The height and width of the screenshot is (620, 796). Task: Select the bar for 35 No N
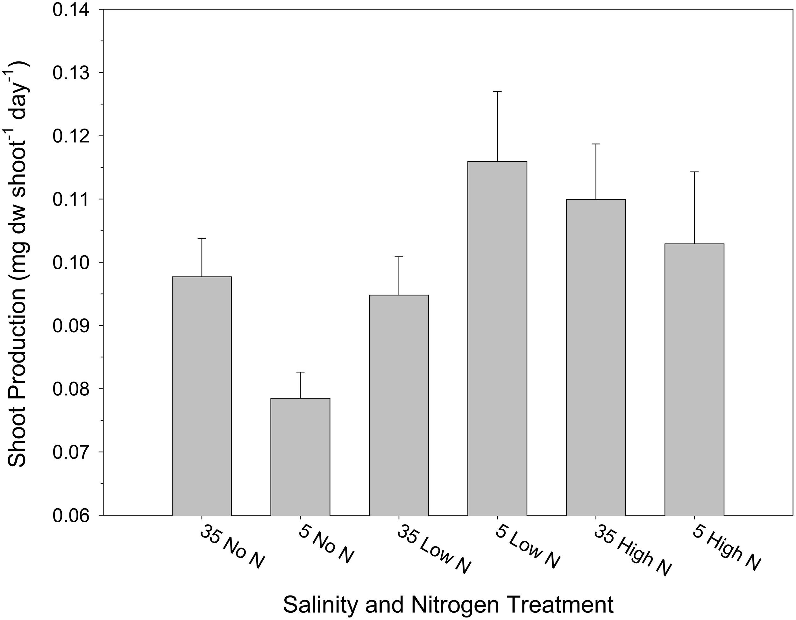click(202, 396)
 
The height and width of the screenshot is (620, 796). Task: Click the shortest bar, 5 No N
click(300, 457)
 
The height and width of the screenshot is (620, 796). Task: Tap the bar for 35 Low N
click(399, 405)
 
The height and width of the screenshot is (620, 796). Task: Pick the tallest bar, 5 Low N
click(497, 338)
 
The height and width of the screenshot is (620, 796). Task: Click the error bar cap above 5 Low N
click(497, 91)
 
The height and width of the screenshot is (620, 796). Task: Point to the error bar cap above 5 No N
click(300, 372)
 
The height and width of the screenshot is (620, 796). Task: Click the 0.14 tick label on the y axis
click(70, 10)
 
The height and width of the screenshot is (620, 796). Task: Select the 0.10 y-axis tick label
click(70, 263)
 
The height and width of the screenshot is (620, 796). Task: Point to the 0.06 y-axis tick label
click(70, 516)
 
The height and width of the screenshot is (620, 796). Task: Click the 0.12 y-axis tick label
click(70, 136)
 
